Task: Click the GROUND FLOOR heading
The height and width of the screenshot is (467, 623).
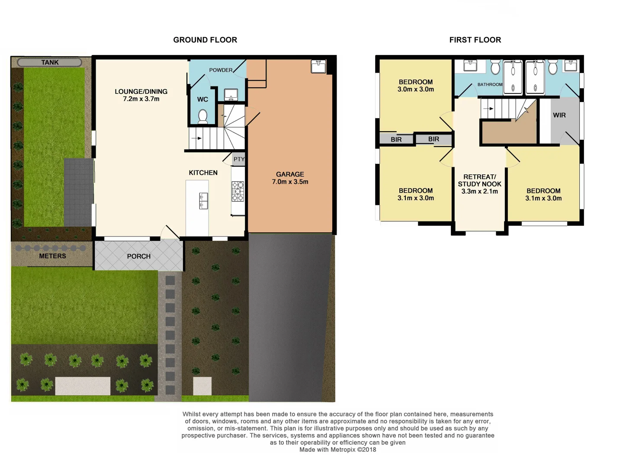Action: [x=205, y=40]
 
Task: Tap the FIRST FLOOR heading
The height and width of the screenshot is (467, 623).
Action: [x=475, y=40]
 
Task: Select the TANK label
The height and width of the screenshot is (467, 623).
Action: [x=50, y=62]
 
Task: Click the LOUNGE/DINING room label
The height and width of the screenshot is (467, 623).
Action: [x=141, y=92]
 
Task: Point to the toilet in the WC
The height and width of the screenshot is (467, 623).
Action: [x=202, y=116]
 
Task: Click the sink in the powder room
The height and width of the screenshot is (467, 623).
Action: [x=231, y=94]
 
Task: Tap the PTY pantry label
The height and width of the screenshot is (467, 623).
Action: [x=239, y=159]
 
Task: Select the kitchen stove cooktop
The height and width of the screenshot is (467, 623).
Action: [x=238, y=191]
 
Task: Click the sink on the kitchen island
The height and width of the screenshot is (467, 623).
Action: [x=203, y=201]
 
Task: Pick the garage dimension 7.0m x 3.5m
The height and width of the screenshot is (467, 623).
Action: [x=290, y=182]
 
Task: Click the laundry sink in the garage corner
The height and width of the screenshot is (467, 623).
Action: [x=318, y=66]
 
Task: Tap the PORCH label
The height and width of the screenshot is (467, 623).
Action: [x=139, y=256]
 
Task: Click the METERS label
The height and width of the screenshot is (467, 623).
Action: [x=52, y=256]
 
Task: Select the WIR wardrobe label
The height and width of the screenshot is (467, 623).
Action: [x=559, y=115]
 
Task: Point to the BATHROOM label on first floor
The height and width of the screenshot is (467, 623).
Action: [x=490, y=85]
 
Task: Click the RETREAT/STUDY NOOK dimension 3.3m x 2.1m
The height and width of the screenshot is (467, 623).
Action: [x=479, y=191]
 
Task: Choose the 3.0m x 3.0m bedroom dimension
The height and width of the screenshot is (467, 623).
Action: [x=416, y=90]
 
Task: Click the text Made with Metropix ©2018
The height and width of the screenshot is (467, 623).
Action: [x=337, y=450]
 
